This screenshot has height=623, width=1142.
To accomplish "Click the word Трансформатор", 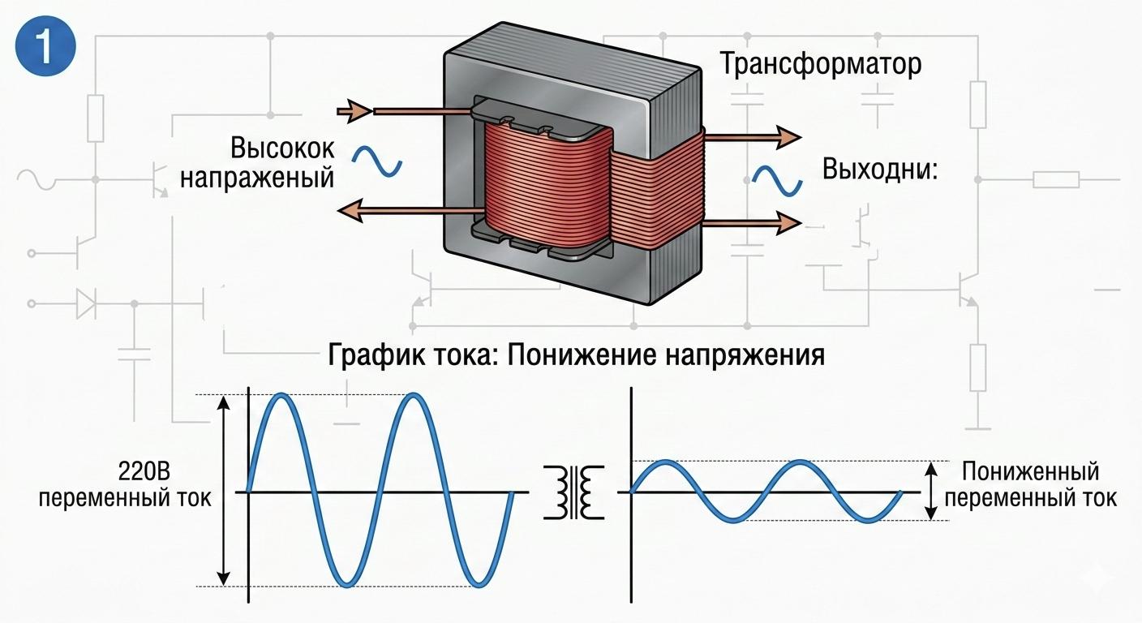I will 821,64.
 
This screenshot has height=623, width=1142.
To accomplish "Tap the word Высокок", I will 281,149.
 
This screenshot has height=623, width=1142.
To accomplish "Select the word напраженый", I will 257,177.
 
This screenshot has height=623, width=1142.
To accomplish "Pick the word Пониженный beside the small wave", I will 1030,471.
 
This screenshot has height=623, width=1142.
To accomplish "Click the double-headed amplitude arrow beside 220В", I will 225,491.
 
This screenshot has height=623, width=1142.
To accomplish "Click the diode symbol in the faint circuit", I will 85,304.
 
